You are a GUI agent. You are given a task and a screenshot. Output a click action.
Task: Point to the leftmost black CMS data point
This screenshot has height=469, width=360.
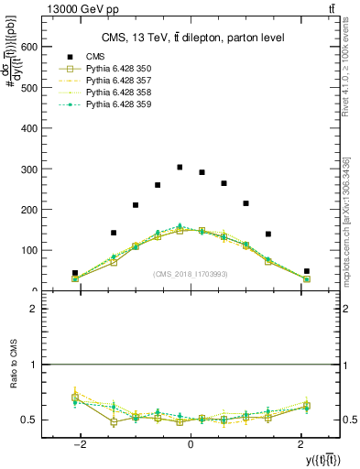[75, 273]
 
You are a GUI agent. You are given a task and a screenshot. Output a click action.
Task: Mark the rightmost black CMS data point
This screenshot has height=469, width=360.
[307, 271]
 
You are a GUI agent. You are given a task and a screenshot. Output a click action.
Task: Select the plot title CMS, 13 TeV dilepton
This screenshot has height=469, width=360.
[192, 38]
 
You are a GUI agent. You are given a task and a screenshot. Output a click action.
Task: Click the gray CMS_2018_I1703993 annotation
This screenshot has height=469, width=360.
[191, 273]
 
